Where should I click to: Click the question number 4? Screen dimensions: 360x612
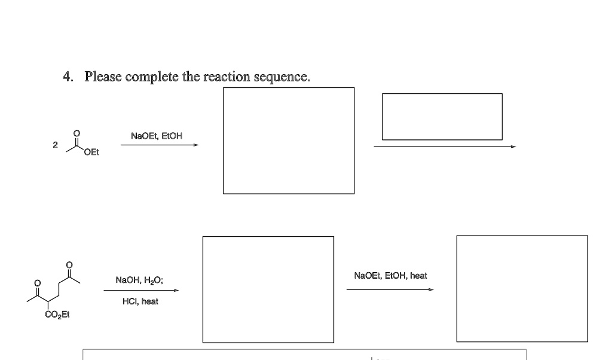pos(68,77)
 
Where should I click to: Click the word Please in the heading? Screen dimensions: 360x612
pos(103,77)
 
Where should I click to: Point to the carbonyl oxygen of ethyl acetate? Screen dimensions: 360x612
pos(75,133)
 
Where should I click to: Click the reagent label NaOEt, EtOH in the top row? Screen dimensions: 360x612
pos(157,136)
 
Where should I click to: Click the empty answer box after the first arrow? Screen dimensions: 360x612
pos(289,141)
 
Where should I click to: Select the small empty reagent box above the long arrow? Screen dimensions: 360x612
pos(442,117)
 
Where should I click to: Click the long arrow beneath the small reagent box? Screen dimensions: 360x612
pos(443,146)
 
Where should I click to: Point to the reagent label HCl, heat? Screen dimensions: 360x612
pos(142,301)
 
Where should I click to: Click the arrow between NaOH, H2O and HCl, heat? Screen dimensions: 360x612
pos(141,291)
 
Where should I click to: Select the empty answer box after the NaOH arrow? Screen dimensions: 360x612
pos(268,289)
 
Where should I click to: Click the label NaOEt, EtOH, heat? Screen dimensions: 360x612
pos(390,276)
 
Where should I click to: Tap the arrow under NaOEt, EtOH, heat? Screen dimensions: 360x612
pos(390,290)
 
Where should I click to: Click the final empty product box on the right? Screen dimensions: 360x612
pos(522,288)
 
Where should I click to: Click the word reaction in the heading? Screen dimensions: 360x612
pos(227,77)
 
